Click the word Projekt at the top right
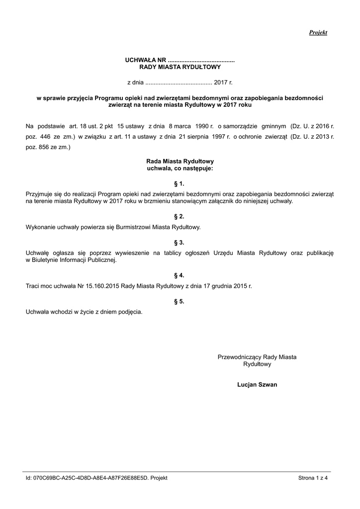pyautogui.click(x=318, y=32)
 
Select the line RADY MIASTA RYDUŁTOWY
pyautogui.click(x=180, y=67)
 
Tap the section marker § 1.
pyautogui.click(x=180, y=184)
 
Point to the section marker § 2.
pyautogui.click(x=180, y=217)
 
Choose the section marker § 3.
pyautogui.click(x=180, y=243)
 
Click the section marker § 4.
pyautogui.click(x=180, y=275)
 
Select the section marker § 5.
pyautogui.click(x=180, y=301)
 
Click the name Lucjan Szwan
pyautogui.click(x=257, y=384)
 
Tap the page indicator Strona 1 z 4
pyautogui.click(x=316, y=478)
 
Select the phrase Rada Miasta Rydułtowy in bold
pyautogui.click(x=180, y=162)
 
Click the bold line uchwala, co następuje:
pyautogui.click(x=180, y=169)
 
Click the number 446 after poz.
pyautogui.click(x=46, y=136)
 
